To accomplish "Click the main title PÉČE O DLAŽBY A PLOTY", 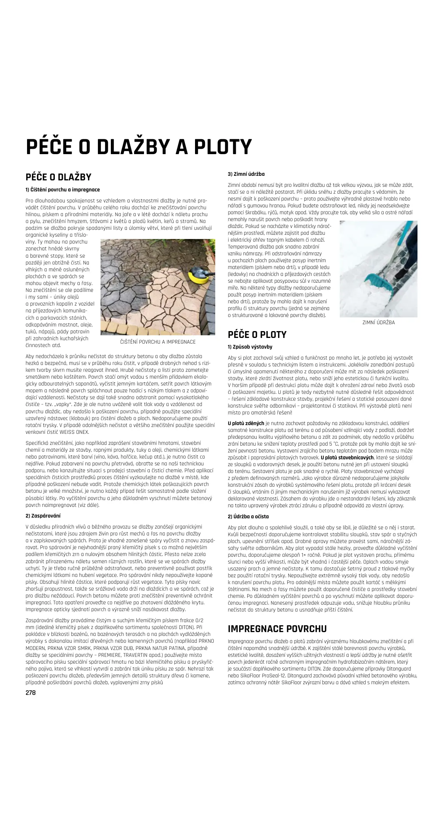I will (139, 147).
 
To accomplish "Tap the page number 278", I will (30, 693).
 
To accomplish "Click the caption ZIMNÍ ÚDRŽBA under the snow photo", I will (378, 322).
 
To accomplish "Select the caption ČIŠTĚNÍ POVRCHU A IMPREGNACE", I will (158, 342).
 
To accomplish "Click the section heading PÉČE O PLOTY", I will (257, 335).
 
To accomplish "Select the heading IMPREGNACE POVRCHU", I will (277, 628).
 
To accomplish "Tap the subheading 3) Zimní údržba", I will (246, 174).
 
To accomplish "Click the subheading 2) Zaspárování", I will (43, 516).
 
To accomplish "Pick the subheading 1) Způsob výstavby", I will (250, 347).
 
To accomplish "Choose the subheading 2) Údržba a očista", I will (248, 516).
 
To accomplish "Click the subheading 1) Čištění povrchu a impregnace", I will (62, 189).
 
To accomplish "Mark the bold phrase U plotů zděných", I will (246, 423).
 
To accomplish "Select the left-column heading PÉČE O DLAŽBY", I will (58, 177).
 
